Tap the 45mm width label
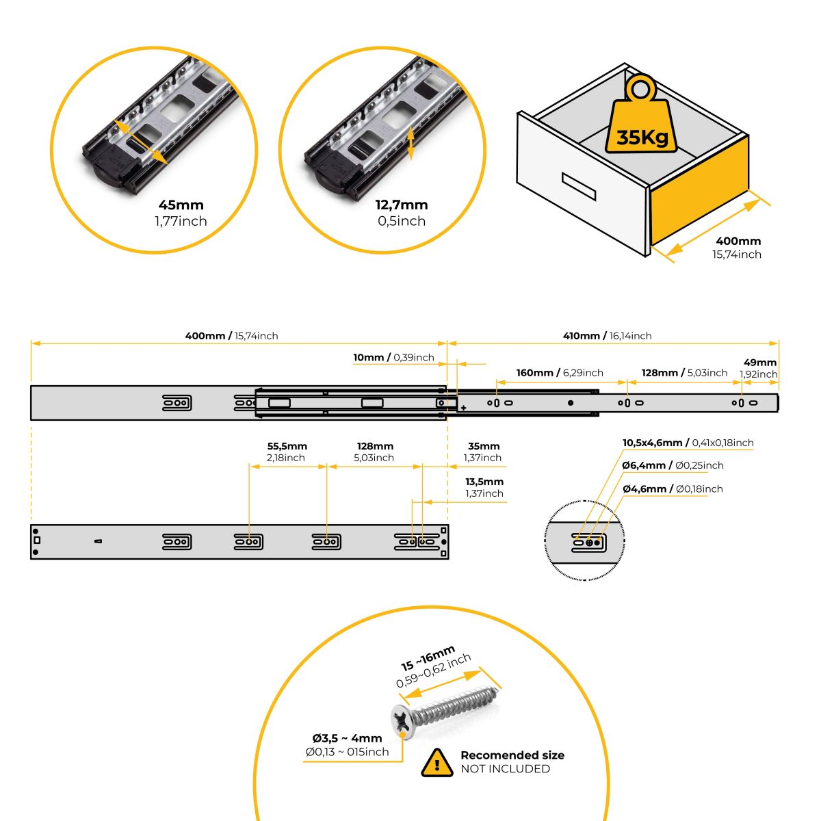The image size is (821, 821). point(181,205)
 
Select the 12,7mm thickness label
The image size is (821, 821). point(402,205)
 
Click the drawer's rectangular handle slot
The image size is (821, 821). point(579,186)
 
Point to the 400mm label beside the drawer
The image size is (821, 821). point(738,241)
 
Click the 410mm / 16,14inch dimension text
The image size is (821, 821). point(608,336)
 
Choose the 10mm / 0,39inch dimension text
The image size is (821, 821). point(393,357)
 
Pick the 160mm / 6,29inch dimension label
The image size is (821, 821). point(560,373)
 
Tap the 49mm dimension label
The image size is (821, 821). point(760,363)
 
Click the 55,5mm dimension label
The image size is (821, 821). point(287,446)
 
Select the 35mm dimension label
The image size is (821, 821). point(484,446)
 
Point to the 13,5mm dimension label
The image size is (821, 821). point(484,482)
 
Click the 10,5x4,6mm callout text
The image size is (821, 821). point(688,443)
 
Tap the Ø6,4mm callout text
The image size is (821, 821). point(673,465)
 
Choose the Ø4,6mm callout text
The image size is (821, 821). point(673,488)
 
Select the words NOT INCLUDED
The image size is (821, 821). point(505,769)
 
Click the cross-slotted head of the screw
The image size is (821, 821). point(403,721)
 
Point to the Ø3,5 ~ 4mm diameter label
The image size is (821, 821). point(347,738)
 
